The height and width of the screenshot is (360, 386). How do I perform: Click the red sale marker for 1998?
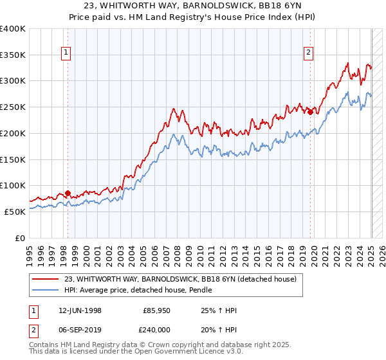tap(68, 192)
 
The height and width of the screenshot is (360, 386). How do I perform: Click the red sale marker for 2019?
tap(310, 112)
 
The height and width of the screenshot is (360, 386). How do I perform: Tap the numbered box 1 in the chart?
tap(67, 53)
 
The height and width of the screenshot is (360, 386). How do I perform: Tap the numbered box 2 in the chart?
tap(309, 53)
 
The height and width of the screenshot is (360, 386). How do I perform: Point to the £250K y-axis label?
tap(13, 107)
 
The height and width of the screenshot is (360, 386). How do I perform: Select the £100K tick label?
tap(13, 186)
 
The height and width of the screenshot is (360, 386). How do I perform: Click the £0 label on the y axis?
tap(19, 238)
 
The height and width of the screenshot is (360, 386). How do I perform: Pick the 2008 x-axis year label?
tap(176, 251)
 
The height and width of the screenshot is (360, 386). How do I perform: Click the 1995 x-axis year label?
tap(29, 251)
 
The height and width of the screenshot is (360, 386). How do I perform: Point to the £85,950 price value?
tap(157, 310)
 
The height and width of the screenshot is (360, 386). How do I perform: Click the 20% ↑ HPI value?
tap(219, 328)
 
